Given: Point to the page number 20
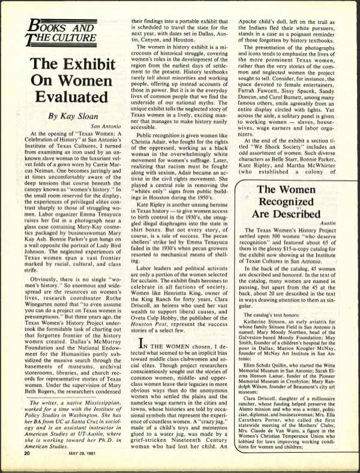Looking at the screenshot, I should [x=26, y=453].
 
